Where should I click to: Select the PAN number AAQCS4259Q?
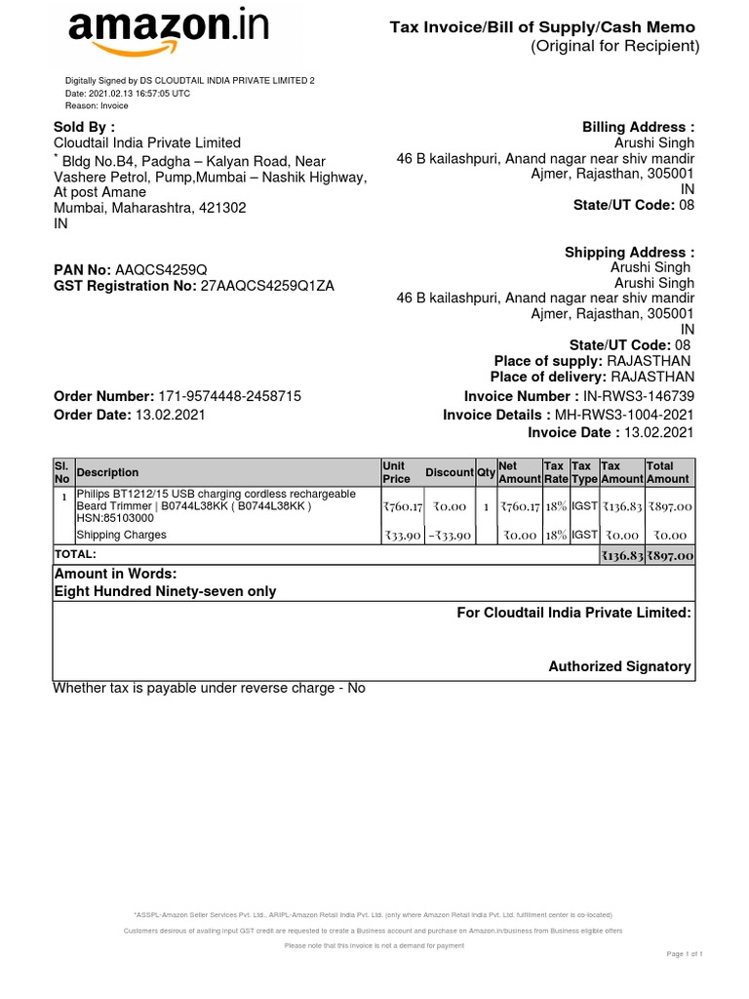point(161,269)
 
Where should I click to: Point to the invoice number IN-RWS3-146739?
point(640,396)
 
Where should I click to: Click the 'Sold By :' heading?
point(84,127)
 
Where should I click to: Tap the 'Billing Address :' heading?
point(638,127)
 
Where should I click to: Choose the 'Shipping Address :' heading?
point(629,253)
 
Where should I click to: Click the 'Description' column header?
point(108,472)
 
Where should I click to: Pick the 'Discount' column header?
point(450,472)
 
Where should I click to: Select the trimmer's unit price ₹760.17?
point(403,507)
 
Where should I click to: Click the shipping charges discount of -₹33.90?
point(450,536)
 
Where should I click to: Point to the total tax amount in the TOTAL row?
point(622,555)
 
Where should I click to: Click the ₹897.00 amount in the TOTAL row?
point(670,555)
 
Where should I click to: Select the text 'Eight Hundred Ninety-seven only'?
point(165,591)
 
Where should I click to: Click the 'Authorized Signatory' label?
point(619,666)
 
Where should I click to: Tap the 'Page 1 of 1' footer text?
point(685,953)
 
